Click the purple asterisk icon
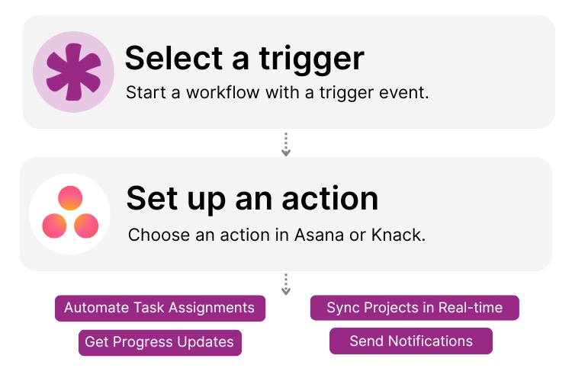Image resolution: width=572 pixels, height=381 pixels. point(73,72)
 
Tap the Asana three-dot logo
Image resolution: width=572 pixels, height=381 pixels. point(70,213)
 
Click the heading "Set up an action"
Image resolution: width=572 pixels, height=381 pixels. point(252,198)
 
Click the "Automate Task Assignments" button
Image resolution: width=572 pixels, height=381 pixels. point(159,308)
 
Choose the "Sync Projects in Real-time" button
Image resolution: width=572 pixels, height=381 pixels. point(415,308)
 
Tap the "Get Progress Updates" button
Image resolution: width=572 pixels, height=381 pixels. point(159,342)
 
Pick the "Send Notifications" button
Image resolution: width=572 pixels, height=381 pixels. point(411,341)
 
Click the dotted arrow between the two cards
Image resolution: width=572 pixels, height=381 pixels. point(286,144)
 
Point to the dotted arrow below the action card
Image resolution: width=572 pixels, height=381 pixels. point(286,284)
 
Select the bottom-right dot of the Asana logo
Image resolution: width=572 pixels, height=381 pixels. point(86,225)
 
